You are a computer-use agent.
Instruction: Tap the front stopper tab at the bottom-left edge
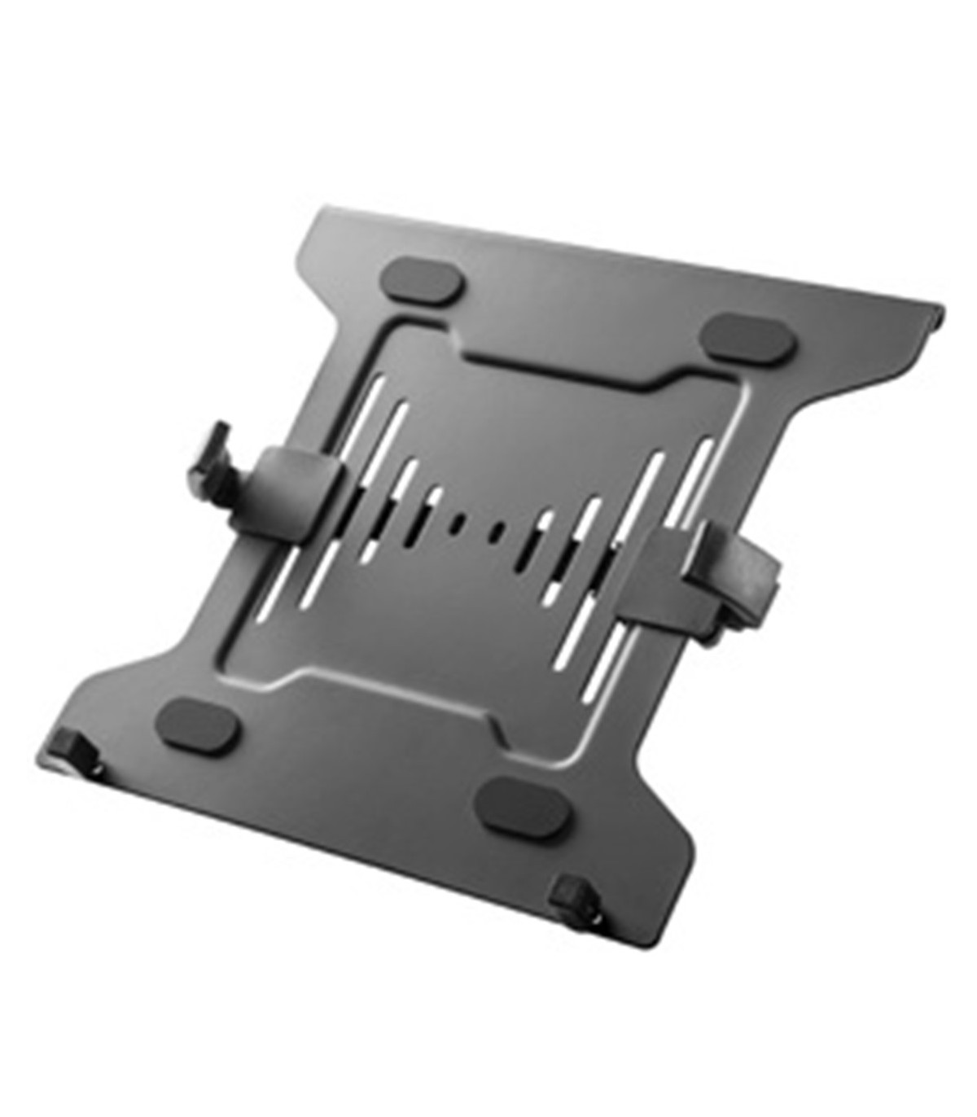pyautogui.click(x=72, y=745)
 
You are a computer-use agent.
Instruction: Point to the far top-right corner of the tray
pyautogui.click(x=942, y=308)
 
